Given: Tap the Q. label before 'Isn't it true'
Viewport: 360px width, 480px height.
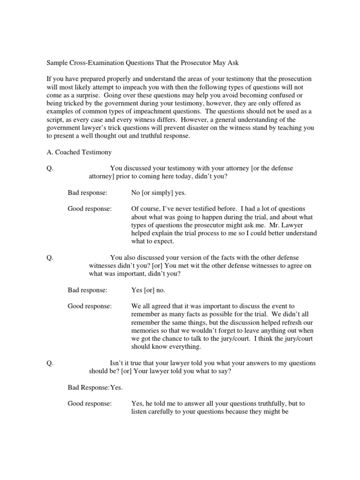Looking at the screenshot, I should tap(51, 363).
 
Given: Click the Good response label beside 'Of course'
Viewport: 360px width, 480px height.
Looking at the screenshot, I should tap(90, 209).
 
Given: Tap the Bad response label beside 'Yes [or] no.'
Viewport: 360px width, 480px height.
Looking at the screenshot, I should tap(88, 290).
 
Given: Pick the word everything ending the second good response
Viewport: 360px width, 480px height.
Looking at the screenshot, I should tap(184, 347).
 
